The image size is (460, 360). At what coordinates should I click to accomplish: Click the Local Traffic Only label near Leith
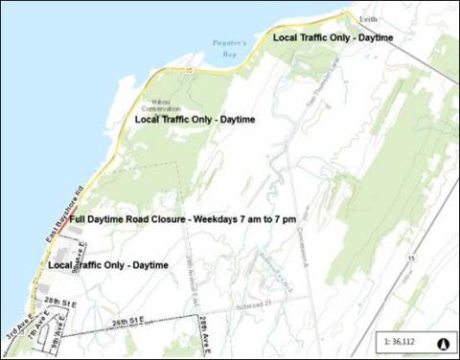(x=333, y=37)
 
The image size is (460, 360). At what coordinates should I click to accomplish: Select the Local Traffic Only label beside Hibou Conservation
(x=195, y=120)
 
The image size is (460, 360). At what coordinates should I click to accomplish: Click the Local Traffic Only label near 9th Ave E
(x=108, y=264)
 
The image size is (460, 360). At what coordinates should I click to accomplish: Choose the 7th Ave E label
(x=38, y=330)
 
